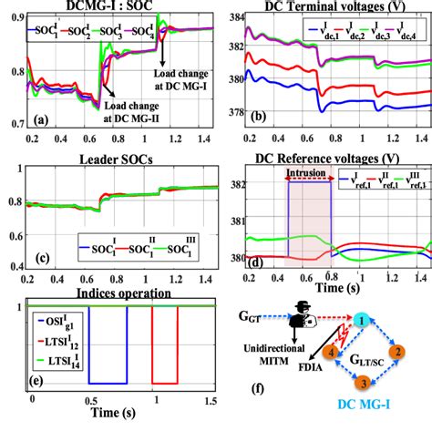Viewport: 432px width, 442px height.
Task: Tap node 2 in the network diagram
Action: coord(398,351)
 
